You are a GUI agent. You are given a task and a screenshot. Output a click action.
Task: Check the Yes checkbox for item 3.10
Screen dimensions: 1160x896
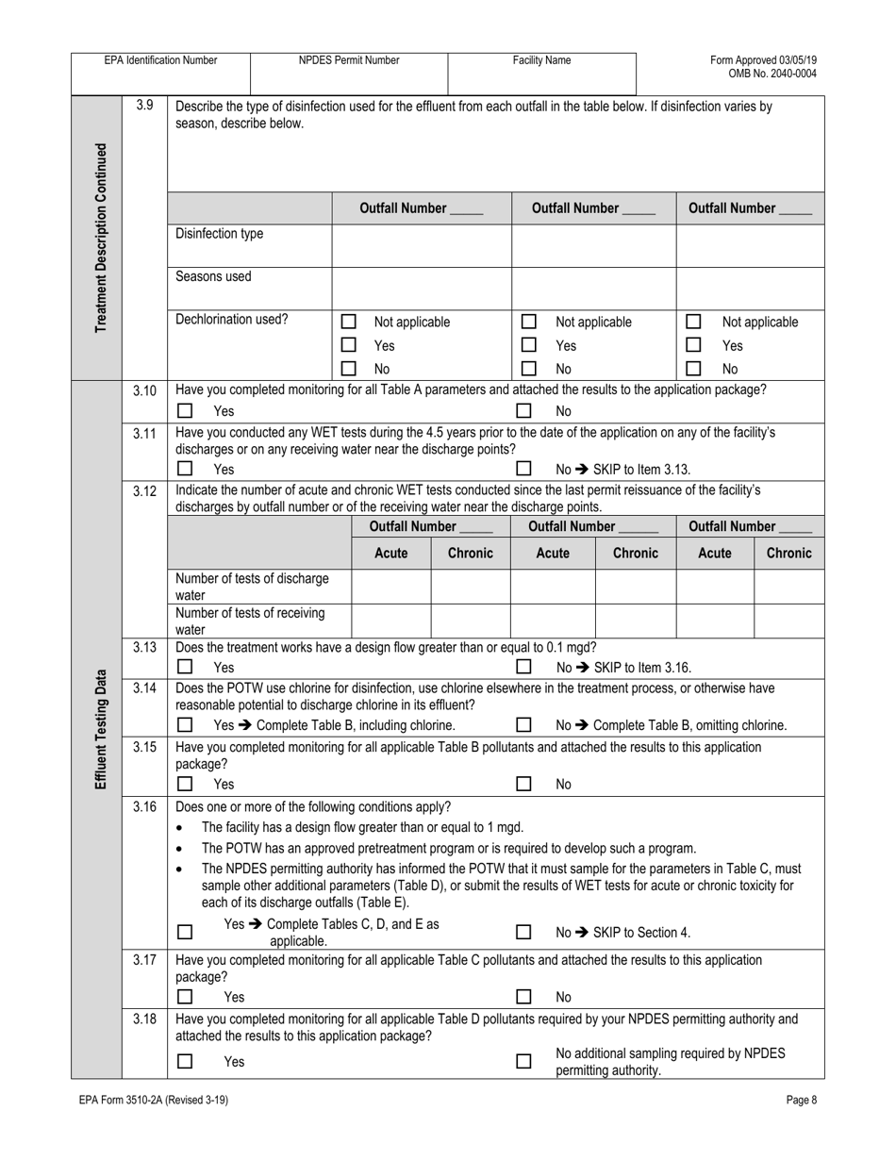point(186,411)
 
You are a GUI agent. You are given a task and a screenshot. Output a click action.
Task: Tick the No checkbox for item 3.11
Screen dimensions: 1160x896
point(523,469)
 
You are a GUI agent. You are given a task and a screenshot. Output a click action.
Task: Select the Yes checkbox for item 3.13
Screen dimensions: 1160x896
point(186,667)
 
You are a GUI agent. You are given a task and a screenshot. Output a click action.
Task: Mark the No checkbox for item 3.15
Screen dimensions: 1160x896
point(523,784)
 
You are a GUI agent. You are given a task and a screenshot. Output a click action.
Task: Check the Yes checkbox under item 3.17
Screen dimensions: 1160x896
point(186,997)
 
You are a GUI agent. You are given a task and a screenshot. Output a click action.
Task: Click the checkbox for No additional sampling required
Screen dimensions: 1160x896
point(523,1062)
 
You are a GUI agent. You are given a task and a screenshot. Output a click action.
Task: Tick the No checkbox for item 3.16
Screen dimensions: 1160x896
point(523,933)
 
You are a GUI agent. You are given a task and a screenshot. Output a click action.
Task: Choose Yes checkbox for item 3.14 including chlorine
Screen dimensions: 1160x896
point(186,725)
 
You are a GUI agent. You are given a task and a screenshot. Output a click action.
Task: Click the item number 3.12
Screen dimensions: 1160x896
point(144,490)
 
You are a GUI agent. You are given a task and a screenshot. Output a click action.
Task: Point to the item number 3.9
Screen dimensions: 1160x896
point(144,106)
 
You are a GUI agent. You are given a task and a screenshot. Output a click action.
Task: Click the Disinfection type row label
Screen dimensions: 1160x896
point(220,234)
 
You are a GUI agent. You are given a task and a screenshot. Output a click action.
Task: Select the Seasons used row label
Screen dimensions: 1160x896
point(214,277)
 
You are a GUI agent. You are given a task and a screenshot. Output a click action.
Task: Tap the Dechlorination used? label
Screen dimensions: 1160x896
point(232,320)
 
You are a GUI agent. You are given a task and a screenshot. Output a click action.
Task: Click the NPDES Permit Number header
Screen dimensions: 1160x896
point(349,60)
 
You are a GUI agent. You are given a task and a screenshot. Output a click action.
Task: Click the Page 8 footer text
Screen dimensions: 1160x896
point(803,1100)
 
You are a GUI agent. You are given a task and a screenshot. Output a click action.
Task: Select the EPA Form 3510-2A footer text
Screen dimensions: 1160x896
point(154,1100)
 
